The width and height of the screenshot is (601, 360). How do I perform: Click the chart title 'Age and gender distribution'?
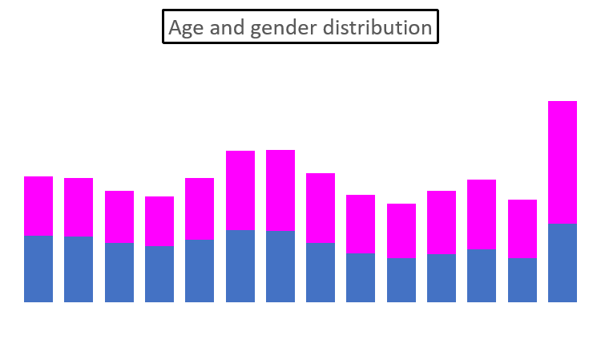coord(300,26)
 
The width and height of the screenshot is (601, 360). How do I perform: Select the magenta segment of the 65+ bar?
coord(563,163)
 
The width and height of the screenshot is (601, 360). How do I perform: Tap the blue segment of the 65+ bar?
coord(563,263)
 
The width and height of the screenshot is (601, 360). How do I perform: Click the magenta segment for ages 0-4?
coord(38,206)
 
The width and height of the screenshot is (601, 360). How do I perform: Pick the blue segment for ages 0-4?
coord(38,269)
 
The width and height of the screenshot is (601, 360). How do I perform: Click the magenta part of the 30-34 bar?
coord(280,190)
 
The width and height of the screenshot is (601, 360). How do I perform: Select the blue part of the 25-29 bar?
coord(240,266)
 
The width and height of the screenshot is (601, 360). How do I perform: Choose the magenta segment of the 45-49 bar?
coord(401,231)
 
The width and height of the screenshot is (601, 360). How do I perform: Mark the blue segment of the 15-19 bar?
coord(159,274)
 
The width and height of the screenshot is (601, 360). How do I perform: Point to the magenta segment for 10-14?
coord(119,217)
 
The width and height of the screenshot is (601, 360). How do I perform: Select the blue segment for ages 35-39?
coord(321,273)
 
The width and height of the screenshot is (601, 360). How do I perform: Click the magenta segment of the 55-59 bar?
coord(482,215)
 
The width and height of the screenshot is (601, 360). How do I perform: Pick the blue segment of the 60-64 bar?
coord(522,280)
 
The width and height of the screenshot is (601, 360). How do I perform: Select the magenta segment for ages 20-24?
coord(200,209)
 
